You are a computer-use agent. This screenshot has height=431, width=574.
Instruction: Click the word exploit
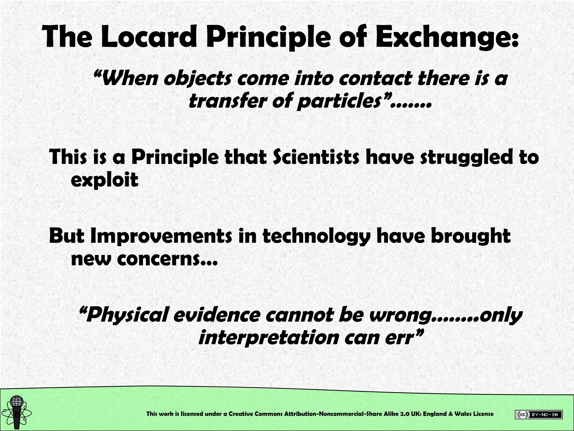coord(105,180)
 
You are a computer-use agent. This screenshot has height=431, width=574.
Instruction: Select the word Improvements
coord(161,236)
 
